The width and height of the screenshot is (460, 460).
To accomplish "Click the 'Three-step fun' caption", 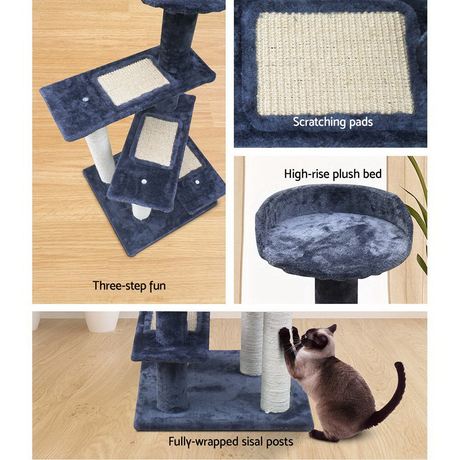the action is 129,286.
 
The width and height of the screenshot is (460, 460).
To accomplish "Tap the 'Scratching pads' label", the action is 333,122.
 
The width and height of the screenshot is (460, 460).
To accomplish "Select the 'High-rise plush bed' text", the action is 333,174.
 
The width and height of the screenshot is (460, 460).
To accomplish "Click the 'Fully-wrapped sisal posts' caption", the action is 230,442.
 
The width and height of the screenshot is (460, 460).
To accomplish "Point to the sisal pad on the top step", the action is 133,81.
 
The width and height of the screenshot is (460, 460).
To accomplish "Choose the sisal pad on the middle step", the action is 155,140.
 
